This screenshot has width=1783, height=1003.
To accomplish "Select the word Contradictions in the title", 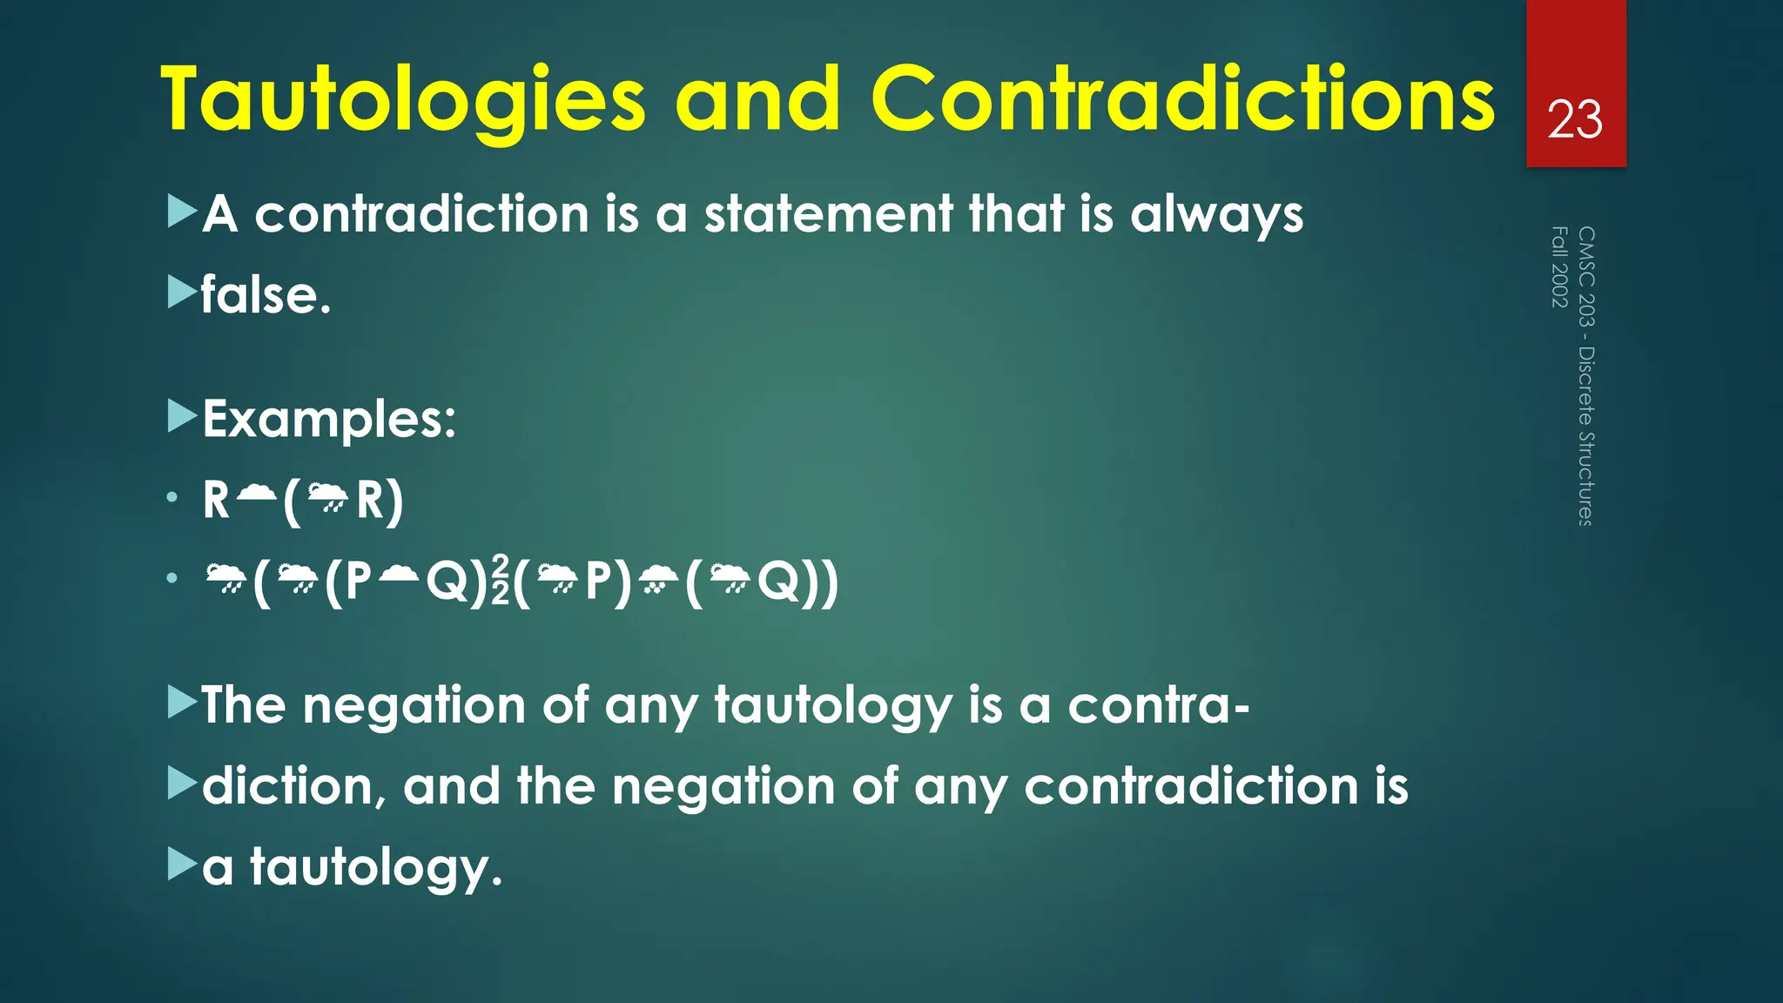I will (1181, 100).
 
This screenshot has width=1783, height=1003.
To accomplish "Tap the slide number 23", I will (1575, 119).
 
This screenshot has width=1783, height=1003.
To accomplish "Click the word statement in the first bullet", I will (828, 214).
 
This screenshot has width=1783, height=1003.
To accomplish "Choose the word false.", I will (266, 295).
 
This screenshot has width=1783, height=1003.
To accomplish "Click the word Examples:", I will (329, 420).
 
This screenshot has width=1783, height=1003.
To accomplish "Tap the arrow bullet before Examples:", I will (182, 417).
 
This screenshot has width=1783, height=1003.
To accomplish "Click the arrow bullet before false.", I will (182, 293).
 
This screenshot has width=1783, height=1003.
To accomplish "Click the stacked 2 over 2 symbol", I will (501, 581).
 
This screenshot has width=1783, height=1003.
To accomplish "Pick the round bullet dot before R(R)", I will (172, 498).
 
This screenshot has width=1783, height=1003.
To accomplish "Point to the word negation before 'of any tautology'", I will (414, 704).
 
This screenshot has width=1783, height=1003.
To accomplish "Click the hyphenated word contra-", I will (1159, 704).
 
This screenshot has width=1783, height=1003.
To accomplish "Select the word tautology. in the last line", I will (376, 868).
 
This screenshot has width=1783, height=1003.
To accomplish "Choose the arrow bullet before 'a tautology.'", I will (182, 865).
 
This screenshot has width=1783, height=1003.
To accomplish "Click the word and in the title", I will (757, 100).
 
